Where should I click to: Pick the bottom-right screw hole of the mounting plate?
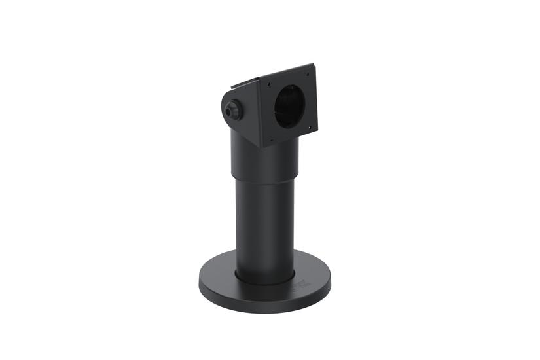[x=309, y=127]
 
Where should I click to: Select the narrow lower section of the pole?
[x=264, y=229]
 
